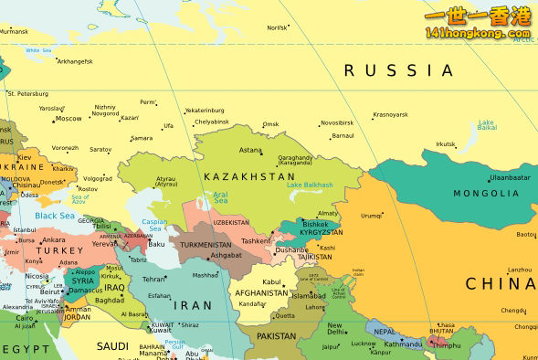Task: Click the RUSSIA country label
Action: (398, 70)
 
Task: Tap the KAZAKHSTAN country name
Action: (249, 176)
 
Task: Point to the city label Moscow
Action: (69, 119)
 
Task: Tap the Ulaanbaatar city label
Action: (509, 177)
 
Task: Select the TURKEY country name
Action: (60, 250)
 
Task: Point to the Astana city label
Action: (250, 150)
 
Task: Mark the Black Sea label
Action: (55, 216)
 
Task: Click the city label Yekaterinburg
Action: (205, 111)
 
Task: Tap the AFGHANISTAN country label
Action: (262, 293)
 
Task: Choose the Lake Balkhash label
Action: (310, 185)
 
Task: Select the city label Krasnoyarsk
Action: (390, 115)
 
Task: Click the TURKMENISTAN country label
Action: (206, 245)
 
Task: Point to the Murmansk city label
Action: (14, 31)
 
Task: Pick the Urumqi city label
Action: (371, 216)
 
